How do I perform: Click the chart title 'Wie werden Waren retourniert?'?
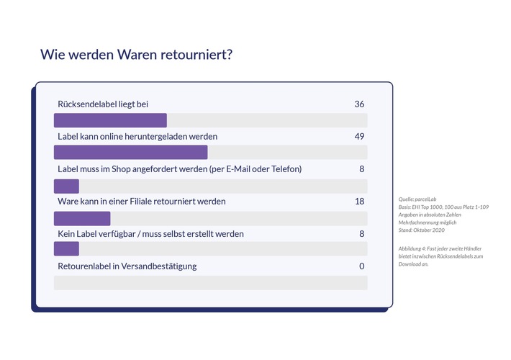pyautogui.click(x=136, y=55)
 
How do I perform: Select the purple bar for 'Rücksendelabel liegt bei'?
pyautogui.click(x=110, y=120)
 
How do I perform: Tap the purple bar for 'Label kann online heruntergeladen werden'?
pyautogui.click(x=131, y=153)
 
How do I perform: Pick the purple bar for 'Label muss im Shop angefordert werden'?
pyautogui.click(x=66, y=186)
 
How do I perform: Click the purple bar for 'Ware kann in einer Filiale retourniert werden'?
pyautogui.click(x=82, y=218)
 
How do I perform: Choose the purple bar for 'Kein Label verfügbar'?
pyautogui.click(x=66, y=249)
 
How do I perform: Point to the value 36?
pyautogui.click(x=359, y=104)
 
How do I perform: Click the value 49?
pyautogui.click(x=359, y=136)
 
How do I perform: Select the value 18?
pyautogui.click(x=359, y=201)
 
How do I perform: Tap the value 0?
pyautogui.click(x=361, y=266)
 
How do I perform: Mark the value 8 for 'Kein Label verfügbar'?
pyautogui.click(x=361, y=234)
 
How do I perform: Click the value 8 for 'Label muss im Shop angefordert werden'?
pyautogui.click(x=361, y=169)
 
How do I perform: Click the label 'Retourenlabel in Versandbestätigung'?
pyautogui.click(x=127, y=266)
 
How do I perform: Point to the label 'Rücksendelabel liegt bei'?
pyautogui.click(x=103, y=104)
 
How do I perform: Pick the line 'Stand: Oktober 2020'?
pyautogui.click(x=422, y=230)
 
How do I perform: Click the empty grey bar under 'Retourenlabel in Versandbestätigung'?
pyautogui.click(x=210, y=282)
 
